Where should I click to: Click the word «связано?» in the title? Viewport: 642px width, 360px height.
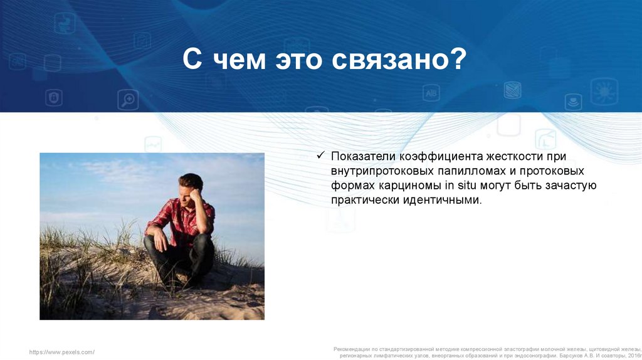tap(399, 60)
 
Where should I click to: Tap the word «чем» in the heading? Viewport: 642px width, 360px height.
tap(239, 60)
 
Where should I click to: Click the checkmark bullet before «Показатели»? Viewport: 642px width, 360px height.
tap(320, 155)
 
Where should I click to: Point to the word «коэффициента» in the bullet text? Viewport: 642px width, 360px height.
tap(441, 156)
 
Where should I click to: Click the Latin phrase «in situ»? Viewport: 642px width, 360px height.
tap(460, 185)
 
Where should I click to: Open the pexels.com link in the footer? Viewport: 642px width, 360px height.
tap(62, 352)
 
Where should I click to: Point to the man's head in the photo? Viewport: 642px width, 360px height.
tap(191, 186)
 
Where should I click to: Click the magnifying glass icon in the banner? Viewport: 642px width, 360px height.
tap(128, 100)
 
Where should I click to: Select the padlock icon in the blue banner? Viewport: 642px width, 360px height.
tap(54, 97)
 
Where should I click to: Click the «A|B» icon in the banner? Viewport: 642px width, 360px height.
tap(431, 93)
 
